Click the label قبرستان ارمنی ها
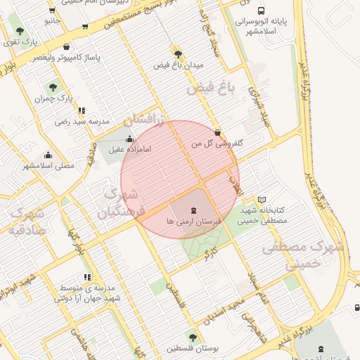[x=194, y=221]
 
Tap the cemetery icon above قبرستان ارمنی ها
[x=194, y=210]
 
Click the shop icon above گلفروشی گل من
[x=217, y=132]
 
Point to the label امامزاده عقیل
[x=126, y=149]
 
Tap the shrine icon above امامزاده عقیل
[x=129, y=138]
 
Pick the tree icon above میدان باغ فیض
[x=178, y=53]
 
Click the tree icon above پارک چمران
[x=53, y=87]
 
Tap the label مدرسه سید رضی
[x=83, y=122]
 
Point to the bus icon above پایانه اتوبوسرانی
[x=262, y=11]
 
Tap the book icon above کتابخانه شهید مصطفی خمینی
[x=262, y=200]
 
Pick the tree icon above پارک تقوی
[x=20, y=32]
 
